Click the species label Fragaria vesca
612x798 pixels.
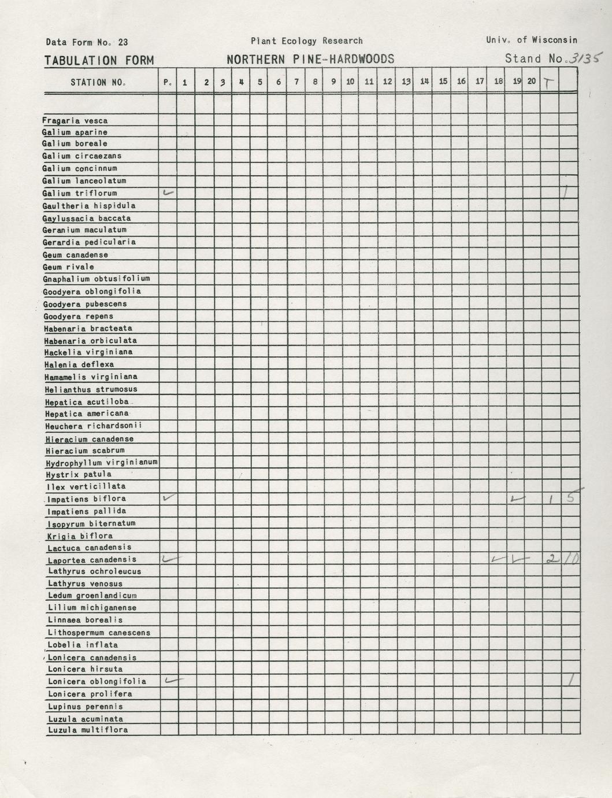point(75,121)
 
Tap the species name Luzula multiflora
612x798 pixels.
point(88,730)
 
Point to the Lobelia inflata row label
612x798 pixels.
point(83,645)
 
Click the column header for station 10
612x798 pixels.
point(350,82)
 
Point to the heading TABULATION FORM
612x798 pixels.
point(99,60)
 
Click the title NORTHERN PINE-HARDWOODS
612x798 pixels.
point(310,59)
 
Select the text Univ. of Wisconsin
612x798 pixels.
point(531,40)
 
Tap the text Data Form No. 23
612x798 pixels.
point(87,42)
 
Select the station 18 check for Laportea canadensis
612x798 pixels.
point(496,559)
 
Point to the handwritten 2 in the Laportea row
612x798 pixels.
point(551,559)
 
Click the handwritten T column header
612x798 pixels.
point(548,83)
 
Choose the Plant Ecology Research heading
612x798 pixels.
point(306,41)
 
